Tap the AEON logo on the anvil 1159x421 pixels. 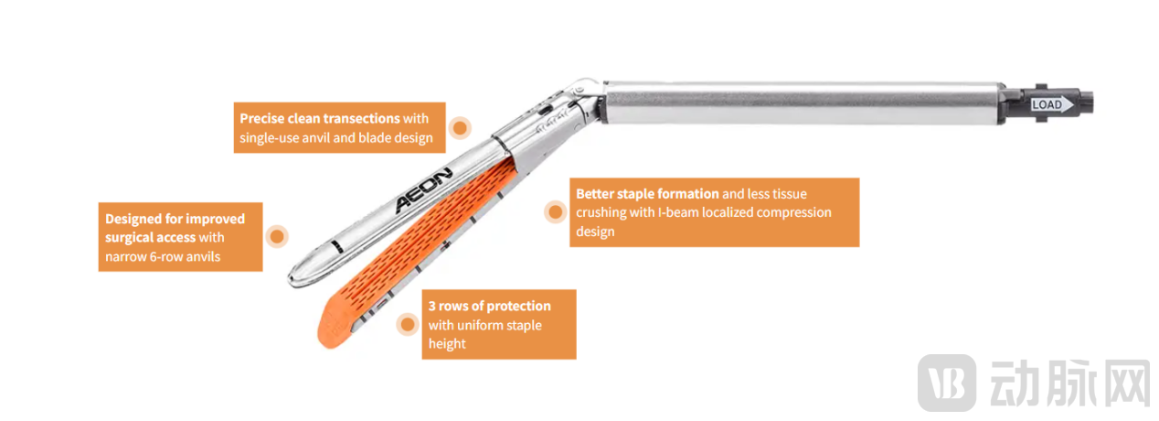coord(423,190)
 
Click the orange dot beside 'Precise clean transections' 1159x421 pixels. coord(460,127)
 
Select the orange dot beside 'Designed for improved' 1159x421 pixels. coord(277,237)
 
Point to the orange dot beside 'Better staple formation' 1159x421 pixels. coord(555,211)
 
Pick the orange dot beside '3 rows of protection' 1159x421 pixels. coord(408,325)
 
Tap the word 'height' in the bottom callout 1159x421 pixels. coord(447,344)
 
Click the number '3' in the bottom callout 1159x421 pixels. coord(432,306)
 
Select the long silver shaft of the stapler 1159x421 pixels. coord(802,103)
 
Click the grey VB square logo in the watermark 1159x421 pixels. coord(947,383)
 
